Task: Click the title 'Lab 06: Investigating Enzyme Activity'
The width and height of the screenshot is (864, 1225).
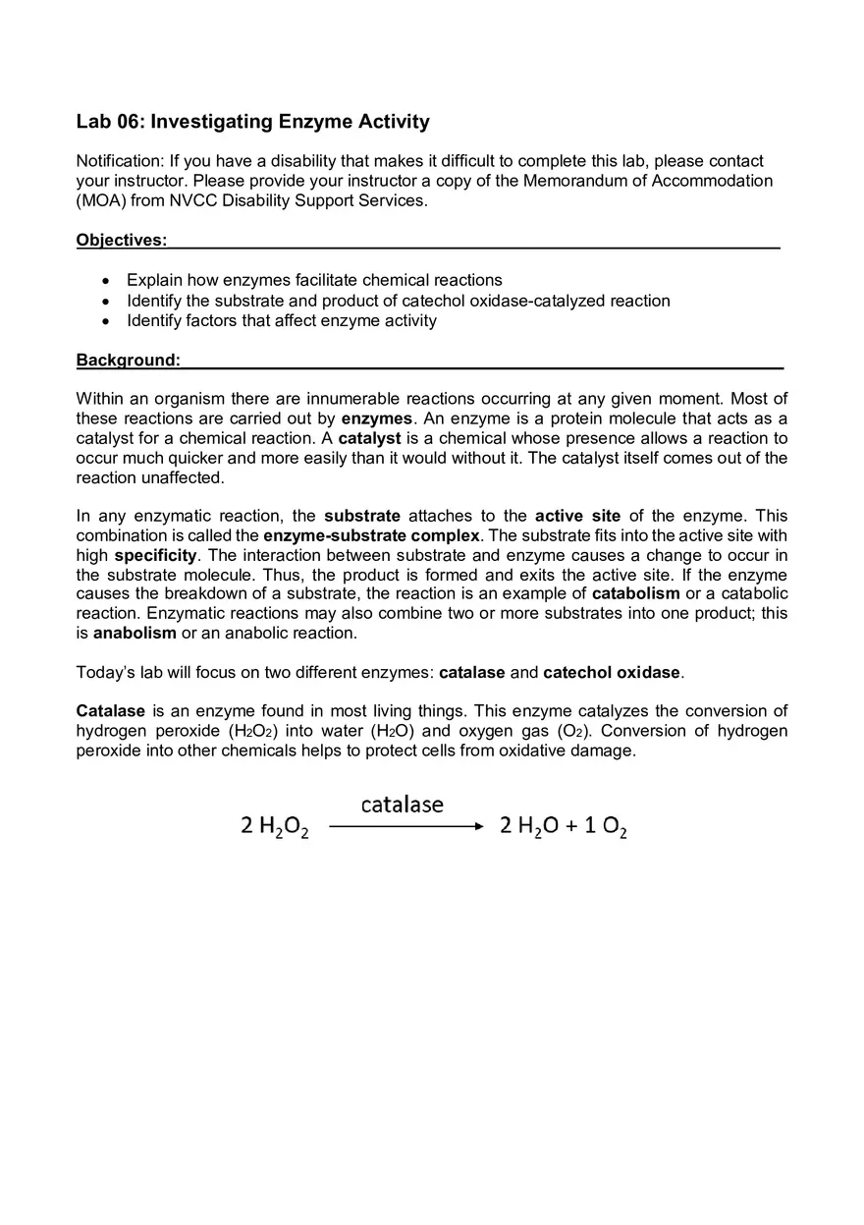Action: [252, 122]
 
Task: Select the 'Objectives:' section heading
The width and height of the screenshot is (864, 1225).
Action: [121, 241]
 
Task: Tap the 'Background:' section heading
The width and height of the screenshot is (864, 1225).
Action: [128, 361]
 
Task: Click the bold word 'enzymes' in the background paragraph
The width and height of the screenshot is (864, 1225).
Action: [376, 418]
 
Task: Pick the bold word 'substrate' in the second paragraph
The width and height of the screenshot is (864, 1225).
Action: [362, 516]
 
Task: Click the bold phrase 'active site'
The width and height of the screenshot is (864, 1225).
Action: [577, 516]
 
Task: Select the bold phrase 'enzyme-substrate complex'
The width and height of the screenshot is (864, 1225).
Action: [371, 535]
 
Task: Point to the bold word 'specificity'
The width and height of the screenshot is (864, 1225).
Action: [155, 555]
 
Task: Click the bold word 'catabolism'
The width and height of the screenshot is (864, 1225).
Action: [635, 593]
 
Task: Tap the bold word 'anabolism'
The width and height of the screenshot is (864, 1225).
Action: [135, 633]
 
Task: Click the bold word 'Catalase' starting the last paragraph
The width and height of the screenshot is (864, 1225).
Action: [110, 711]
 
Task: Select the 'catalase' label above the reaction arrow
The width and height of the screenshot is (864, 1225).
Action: [402, 805]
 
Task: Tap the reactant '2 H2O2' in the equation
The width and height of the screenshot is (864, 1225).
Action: [275, 827]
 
